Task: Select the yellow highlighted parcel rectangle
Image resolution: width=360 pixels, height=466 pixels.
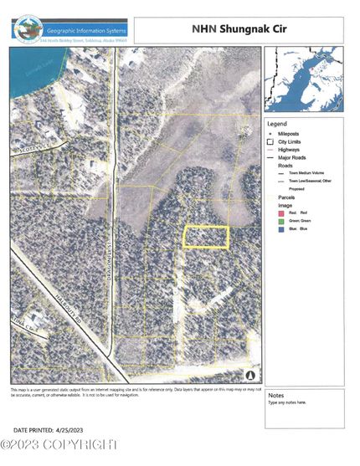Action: (x=206, y=238)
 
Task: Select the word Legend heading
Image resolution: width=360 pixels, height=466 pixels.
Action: (x=277, y=122)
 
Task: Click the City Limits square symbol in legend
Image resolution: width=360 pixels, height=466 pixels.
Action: (x=270, y=141)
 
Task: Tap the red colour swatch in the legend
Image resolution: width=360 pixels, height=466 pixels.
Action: (x=270, y=213)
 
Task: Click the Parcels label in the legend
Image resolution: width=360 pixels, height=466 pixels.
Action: (x=278, y=197)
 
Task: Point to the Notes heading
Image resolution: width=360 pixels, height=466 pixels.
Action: (x=277, y=394)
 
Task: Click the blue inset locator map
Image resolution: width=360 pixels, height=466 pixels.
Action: (x=304, y=79)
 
